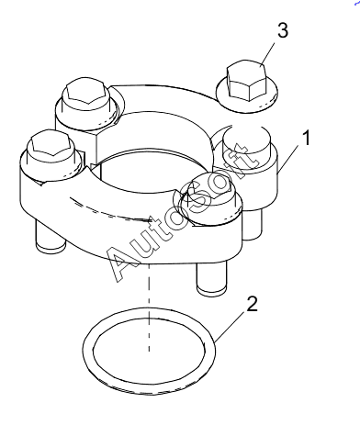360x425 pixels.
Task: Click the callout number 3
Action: click(x=283, y=31)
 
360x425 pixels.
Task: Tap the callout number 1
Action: click(x=306, y=138)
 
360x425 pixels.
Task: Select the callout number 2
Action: click(x=252, y=305)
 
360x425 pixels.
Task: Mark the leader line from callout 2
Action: click(x=230, y=327)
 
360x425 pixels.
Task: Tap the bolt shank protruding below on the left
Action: click(x=51, y=236)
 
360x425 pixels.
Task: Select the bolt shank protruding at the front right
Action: click(x=212, y=278)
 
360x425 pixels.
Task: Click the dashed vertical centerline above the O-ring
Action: click(x=149, y=308)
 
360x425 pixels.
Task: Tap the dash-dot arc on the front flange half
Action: click(x=110, y=211)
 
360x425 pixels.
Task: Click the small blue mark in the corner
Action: click(x=357, y=2)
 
